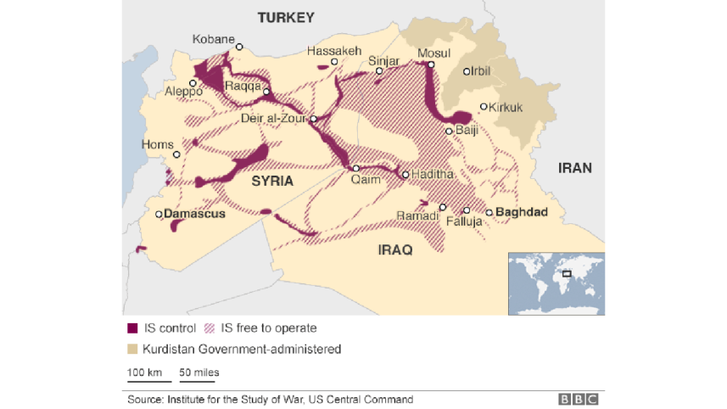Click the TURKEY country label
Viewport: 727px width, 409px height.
click(x=286, y=17)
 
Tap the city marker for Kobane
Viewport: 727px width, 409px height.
click(x=240, y=48)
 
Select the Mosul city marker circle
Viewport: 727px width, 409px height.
click(x=431, y=64)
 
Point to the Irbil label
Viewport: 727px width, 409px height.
click(x=482, y=71)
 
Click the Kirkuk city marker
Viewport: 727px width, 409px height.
click(x=484, y=107)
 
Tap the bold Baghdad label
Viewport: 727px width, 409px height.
click(x=522, y=212)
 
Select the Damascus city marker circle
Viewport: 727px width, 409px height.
click(x=159, y=215)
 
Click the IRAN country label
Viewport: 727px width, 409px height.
click(x=574, y=168)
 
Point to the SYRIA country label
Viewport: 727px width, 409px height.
click(x=272, y=182)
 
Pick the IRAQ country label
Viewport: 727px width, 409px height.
click(x=395, y=249)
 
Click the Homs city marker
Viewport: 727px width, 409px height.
click(x=177, y=155)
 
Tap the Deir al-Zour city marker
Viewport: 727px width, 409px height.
click(x=313, y=120)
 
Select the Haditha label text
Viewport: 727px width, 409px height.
click(x=433, y=175)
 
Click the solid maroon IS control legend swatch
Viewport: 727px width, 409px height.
click(x=131, y=328)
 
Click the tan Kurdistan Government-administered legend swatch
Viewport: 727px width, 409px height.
click(x=131, y=349)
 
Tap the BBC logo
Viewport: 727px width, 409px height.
click(x=578, y=399)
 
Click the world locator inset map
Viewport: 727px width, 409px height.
click(x=556, y=283)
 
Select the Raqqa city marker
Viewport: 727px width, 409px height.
click(x=266, y=92)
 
